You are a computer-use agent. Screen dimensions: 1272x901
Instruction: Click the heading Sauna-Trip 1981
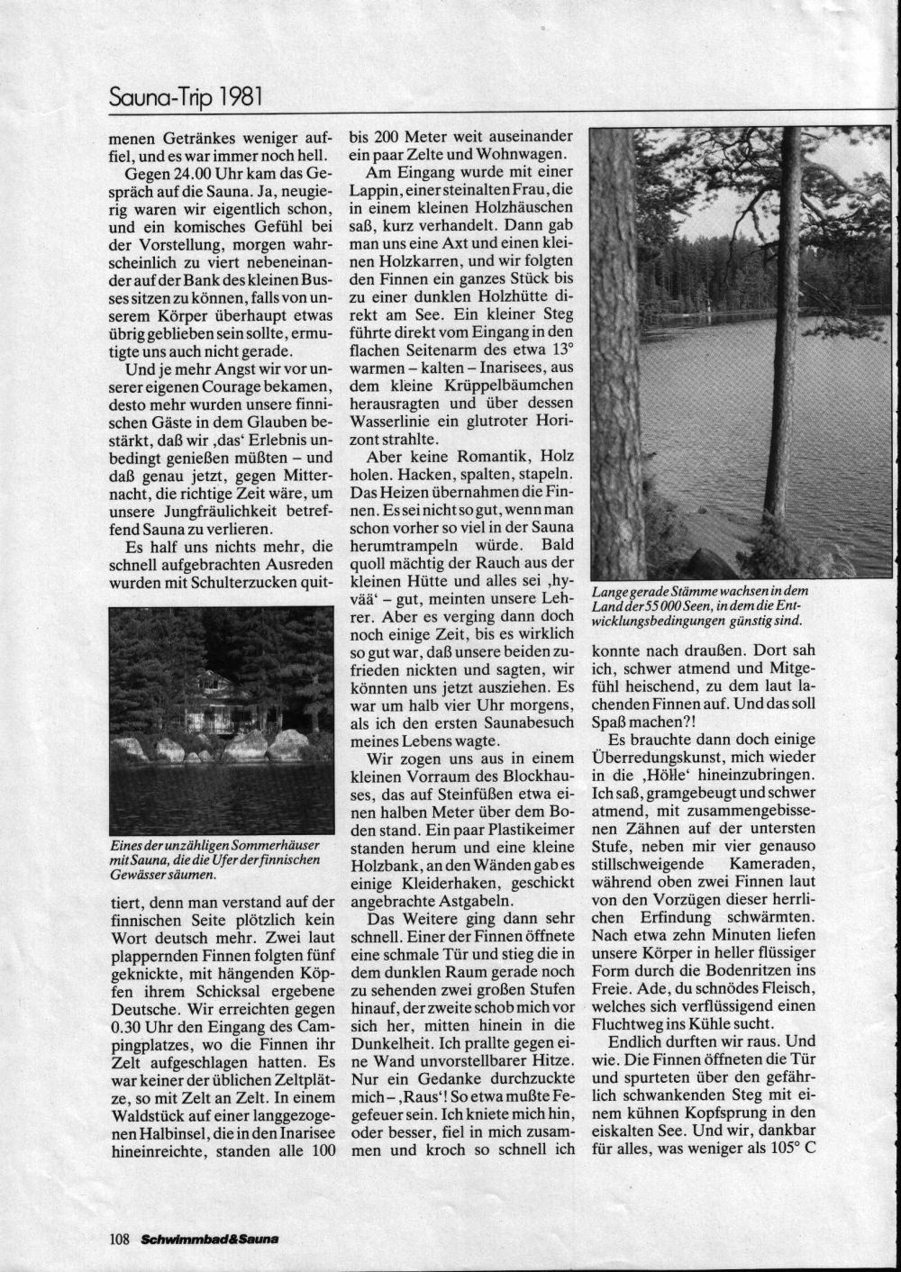click(185, 95)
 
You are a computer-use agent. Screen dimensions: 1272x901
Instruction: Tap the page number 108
click(121, 1238)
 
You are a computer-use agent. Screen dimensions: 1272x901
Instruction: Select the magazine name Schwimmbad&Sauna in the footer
click(209, 1239)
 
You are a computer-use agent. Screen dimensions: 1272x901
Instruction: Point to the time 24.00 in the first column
click(191, 171)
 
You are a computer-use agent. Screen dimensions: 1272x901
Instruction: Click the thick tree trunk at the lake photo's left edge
click(614, 360)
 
